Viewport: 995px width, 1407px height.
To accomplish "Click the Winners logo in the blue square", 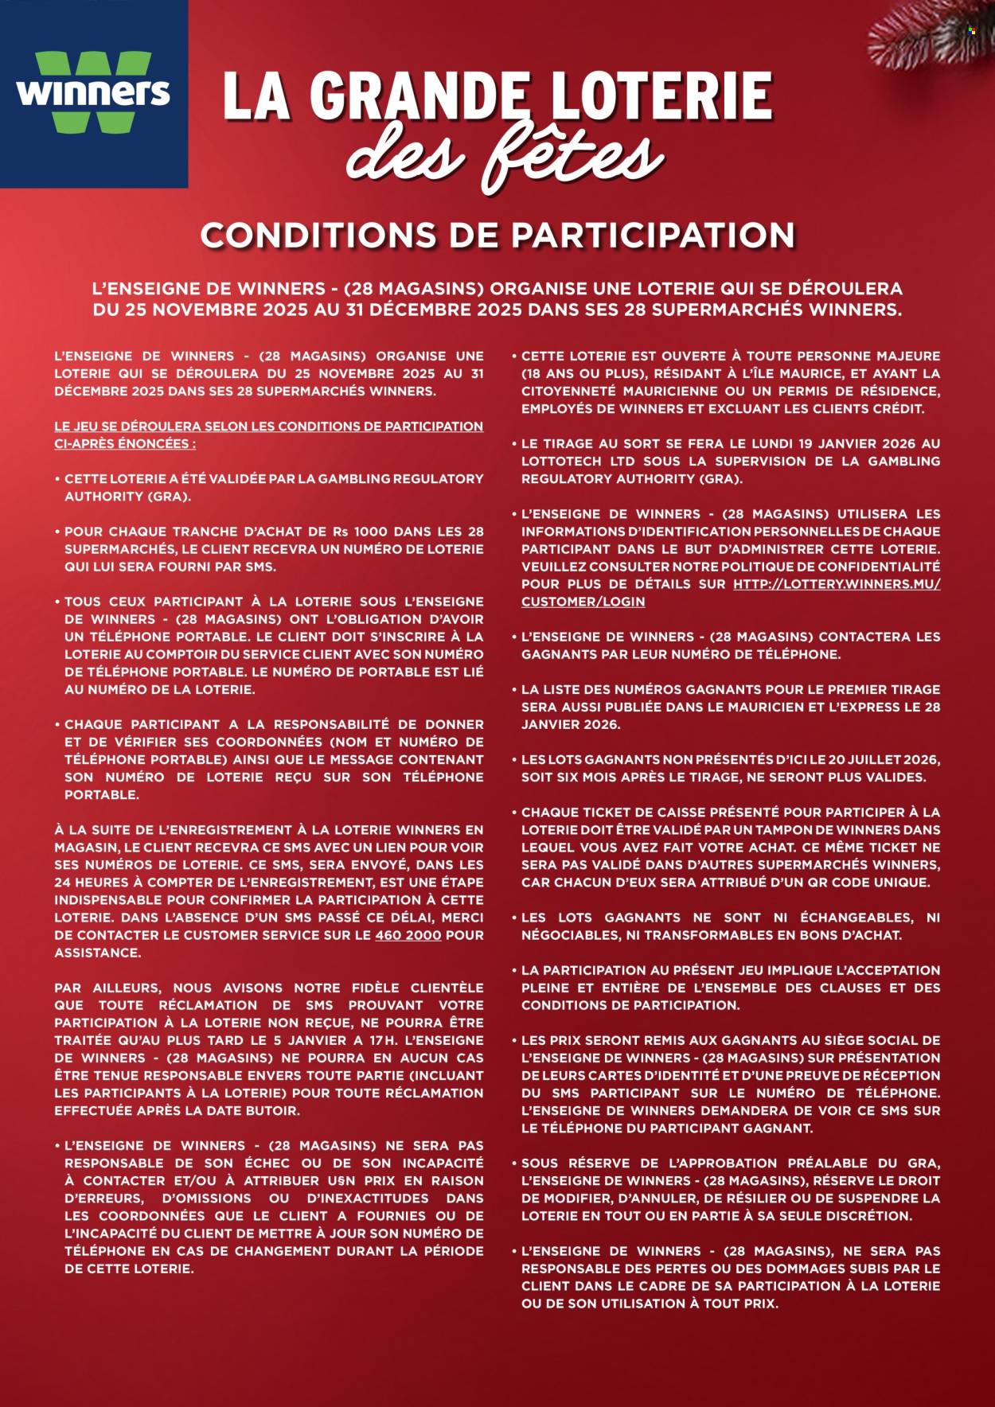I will point(93,94).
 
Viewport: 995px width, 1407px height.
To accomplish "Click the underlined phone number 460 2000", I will point(408,935).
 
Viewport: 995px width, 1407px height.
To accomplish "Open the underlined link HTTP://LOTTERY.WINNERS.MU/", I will point(837,584).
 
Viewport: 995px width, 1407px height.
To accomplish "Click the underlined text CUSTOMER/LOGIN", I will point(583,602).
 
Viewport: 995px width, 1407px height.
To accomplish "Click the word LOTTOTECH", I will point(561,462).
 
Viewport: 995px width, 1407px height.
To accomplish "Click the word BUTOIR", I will point(273,1110).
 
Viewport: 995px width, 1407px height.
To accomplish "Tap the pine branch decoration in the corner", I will point(936,36).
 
